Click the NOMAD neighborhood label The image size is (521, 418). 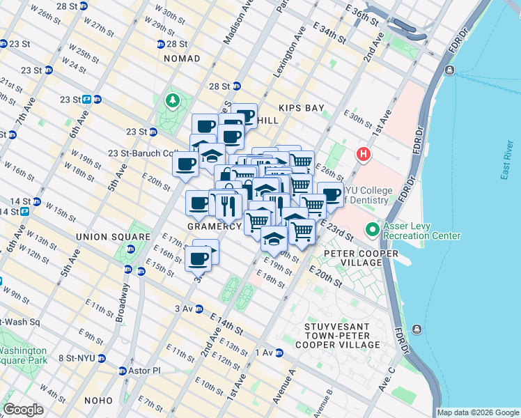182,59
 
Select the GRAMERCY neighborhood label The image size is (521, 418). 214,227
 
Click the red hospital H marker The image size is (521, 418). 362,153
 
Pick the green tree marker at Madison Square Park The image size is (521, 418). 171,102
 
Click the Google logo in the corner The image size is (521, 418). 24,410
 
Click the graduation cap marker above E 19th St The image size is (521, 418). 274,238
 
